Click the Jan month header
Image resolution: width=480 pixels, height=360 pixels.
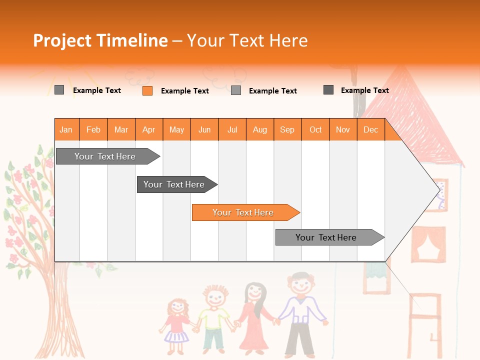[66, 130]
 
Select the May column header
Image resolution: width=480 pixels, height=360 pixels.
[176, 130]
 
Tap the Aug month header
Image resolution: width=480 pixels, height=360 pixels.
[259, 130]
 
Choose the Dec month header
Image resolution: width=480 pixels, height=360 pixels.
[370, 130]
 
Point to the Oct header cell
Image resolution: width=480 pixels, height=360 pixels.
[315, 130]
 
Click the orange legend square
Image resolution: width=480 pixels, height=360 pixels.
[147, 90]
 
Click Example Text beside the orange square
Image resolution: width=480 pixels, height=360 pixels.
[184, 91]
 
